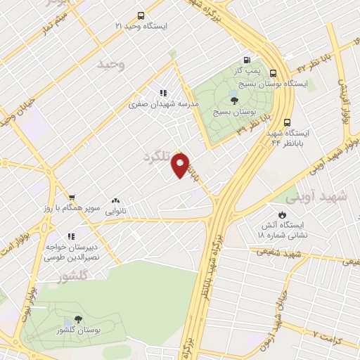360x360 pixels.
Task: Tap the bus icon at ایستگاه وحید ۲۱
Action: [141, 15]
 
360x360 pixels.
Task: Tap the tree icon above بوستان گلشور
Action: [78, 319]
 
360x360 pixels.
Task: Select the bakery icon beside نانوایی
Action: [115, 200]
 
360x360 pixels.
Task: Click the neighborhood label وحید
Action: [111, 65]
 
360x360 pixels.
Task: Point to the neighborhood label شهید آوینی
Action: [323, 198]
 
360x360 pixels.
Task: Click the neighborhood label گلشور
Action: [72, 277]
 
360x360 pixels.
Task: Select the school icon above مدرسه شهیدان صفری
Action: [163, 92]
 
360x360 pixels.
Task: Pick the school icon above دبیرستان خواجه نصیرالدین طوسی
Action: [70, 237]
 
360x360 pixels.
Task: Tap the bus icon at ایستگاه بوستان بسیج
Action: [273, 72]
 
